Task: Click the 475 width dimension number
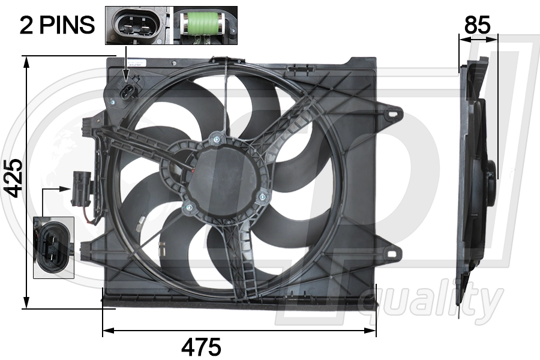(x=202, y=346)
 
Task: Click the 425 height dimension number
(x=13, y=178)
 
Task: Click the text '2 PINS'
(x=58, y=25)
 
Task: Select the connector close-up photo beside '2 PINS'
(x=138, y=25)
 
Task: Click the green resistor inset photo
(x=205, y=25)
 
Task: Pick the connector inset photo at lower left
(x=53, y=247)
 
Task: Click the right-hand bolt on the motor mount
(x=262, y=194)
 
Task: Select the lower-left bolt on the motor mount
(x=188, y=208)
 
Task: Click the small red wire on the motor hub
(x=194, y=172)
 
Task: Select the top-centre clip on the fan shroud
(x=226, y=61)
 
